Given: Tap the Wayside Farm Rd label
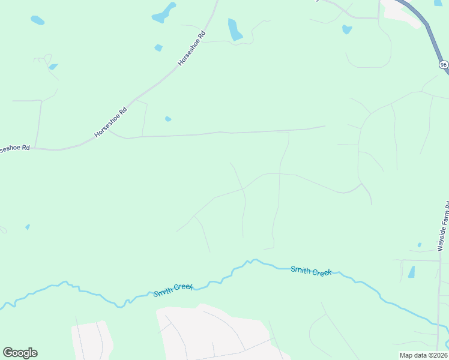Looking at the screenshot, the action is [x=444, y=228].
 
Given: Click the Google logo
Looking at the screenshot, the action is [x=20, y=353].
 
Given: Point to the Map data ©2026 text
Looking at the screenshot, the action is [x=423, y=355].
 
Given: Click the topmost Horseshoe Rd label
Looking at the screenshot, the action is [x=192, y=49].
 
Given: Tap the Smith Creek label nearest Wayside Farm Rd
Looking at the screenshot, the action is [x=311, y=271].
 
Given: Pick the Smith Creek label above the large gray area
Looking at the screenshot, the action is [x=173, y=290].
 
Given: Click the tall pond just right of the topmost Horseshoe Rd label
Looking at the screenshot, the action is [x=234, y=29].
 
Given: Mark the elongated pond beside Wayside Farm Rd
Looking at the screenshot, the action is [x=411, y=272].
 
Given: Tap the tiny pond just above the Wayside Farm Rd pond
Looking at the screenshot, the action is [x=419, y=245].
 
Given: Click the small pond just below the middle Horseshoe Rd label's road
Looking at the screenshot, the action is [x=168, y=119].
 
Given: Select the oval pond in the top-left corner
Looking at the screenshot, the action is [x=37, y=20].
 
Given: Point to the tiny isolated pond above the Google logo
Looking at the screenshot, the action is [x=27, y=227].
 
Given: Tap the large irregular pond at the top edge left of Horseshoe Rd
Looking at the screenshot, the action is [x=163, y=13].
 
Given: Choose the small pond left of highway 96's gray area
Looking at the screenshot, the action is [x=346, y=29].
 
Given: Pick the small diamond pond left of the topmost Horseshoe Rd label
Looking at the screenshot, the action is [x=158, y=47].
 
